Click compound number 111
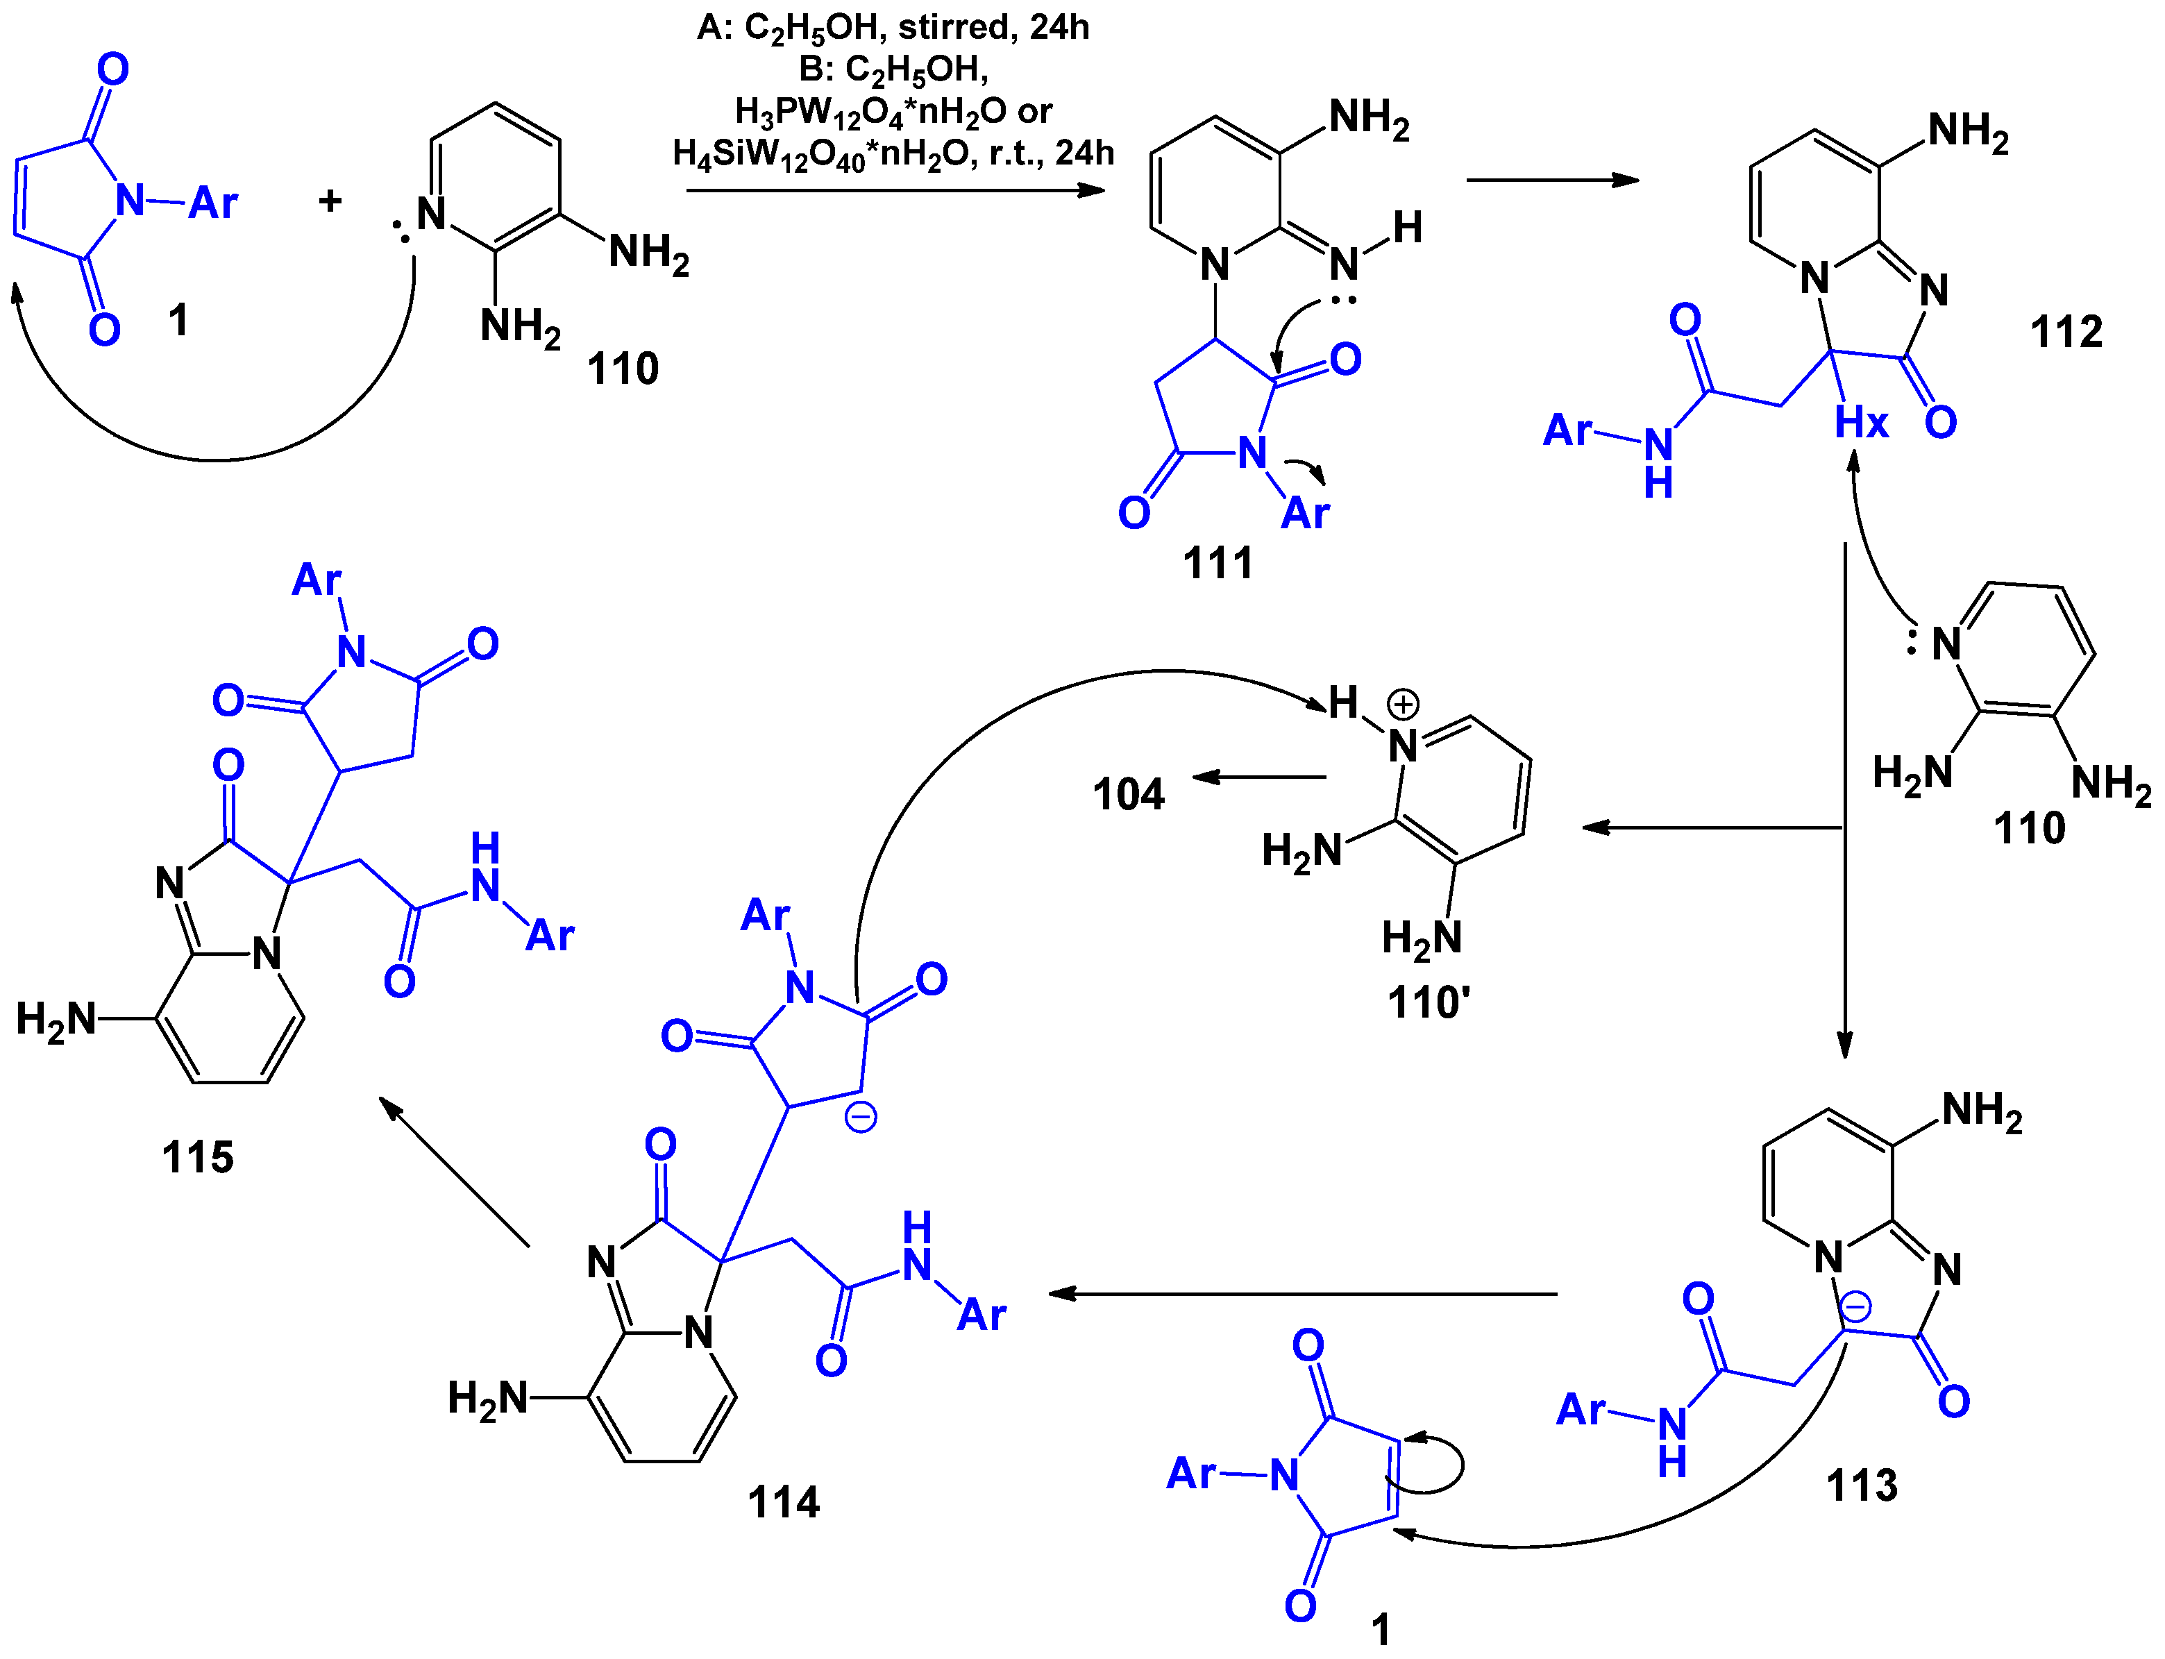[x=1218, y=564]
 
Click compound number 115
[x=197, y=1157]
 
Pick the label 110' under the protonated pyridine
[x=1428, y=1003]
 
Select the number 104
[x=1129, y=795]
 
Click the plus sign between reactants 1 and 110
[x=330, y=201]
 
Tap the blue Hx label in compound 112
[x=1861, y=423]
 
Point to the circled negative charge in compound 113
[x=1855, y=1308]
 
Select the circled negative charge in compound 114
[x=861, y=1118]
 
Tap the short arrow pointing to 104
[x=1258, y=777]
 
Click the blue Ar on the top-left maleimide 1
[x=213, y=203]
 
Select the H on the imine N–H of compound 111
[x=1407, y=228]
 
